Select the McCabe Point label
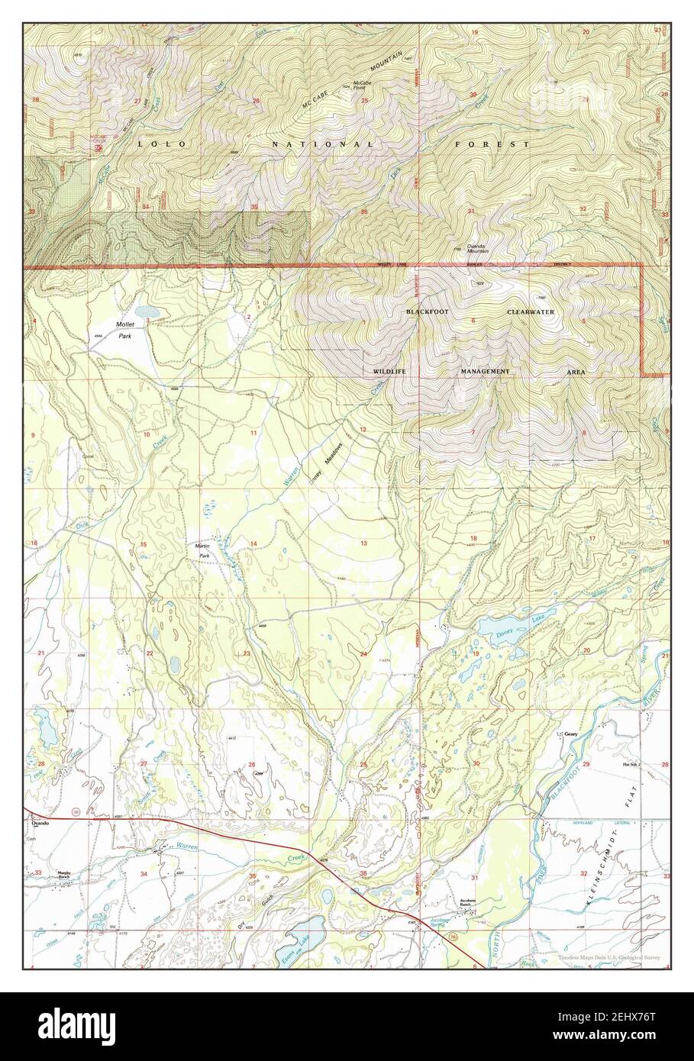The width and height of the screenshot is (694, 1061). pyautogui.click(x=361, y=85)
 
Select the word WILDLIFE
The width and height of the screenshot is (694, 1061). pyautogui.click(x=389, y=370)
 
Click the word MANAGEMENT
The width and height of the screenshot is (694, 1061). pyautogui.click(x=484, y=370)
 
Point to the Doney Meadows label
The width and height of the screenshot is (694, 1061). pyautogui.click(x=325, y=463)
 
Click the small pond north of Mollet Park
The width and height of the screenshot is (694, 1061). pyautogui.click(x=147, y=312)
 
